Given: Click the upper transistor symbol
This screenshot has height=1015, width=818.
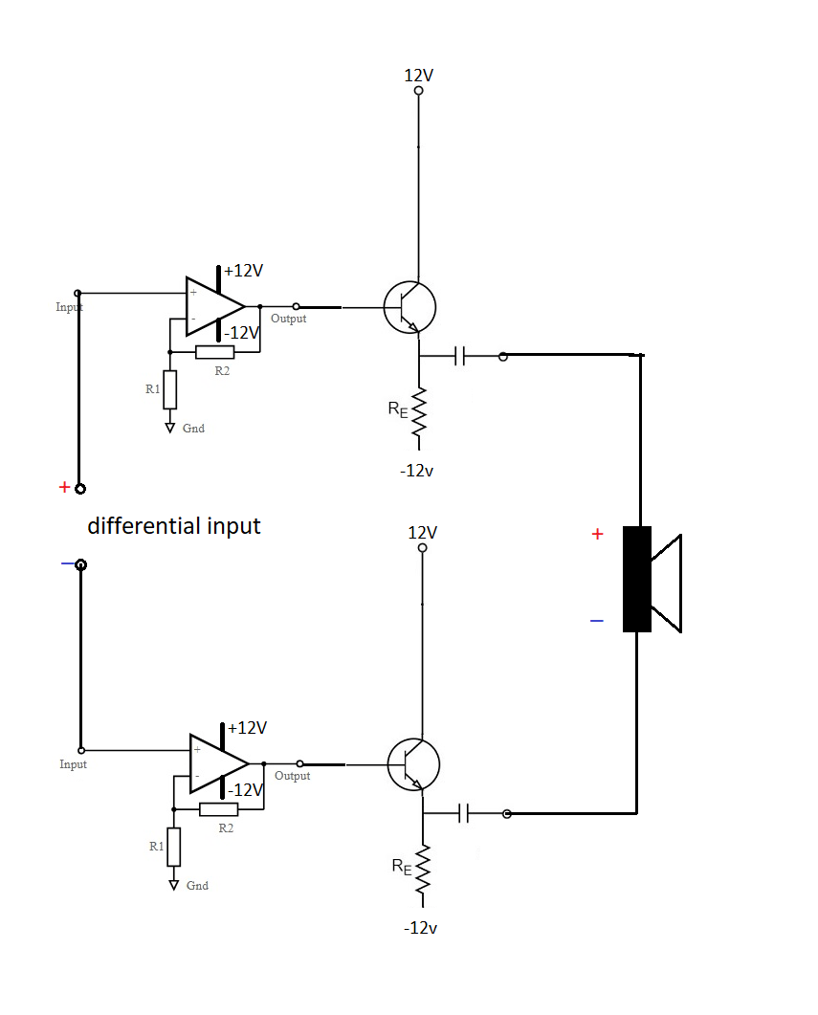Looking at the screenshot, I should tap(409, 307).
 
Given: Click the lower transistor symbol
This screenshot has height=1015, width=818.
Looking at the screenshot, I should tap(413, 764).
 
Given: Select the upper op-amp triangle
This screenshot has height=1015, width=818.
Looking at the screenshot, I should tap(212, 306).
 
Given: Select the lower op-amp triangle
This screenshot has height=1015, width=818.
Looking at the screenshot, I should tap(216, 763).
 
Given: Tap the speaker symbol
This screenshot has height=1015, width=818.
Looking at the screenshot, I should tap(651, 579).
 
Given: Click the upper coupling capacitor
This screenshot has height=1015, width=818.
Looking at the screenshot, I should tap(461, 356).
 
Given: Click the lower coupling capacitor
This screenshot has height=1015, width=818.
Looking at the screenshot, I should tap(465, 813).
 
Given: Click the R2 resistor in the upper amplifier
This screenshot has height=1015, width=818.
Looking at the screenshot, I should tap(215, 352).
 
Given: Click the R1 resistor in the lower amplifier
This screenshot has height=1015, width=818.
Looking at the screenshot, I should tap(173, 847).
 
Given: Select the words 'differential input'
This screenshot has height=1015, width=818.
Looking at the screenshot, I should tap(174, 526).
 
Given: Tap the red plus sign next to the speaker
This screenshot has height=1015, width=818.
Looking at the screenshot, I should tap(597, 535).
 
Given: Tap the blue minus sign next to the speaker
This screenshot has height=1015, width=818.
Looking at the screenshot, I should tap(597, 622).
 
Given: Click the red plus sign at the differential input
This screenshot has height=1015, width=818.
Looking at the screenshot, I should tap(64, 487).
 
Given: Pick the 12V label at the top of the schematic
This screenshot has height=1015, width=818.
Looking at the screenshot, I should tap(418, 75).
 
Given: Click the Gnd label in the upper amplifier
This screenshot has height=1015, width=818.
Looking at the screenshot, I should tap(193, 429).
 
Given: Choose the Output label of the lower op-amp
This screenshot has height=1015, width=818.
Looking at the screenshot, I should tap(292, 776).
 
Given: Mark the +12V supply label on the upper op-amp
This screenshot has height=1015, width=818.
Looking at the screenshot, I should tap(244, 271).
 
